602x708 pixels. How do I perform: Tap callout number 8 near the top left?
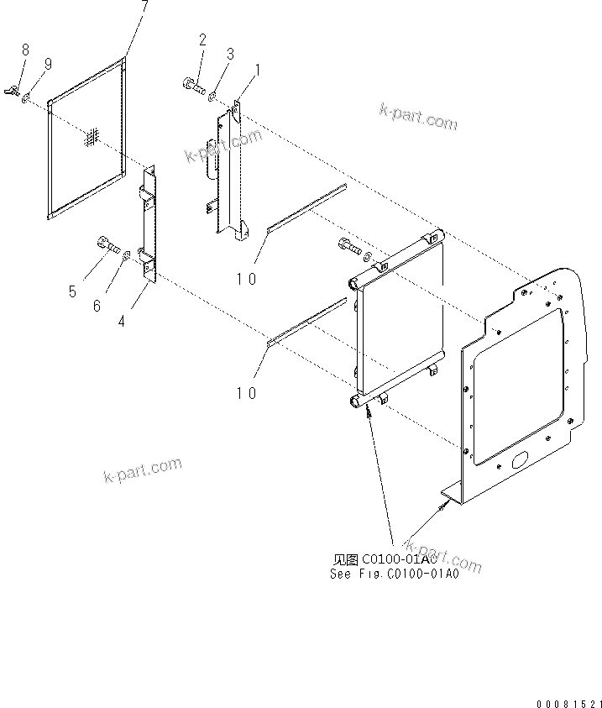pos(25,50)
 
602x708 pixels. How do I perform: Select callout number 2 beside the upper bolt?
pos(202,39)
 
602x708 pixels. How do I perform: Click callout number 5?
pos(72,291)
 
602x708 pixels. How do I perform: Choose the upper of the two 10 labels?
pos(246,280)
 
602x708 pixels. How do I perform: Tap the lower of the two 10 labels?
pos(246,393)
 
